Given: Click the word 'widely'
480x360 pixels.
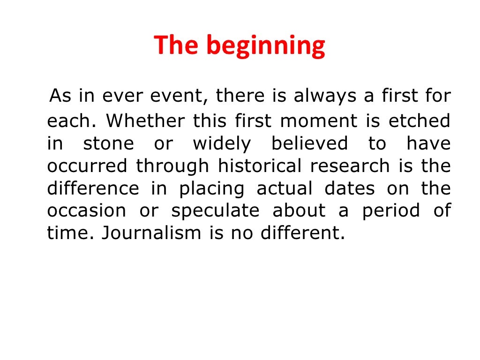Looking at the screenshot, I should pyautogui.click(x=222, y=144).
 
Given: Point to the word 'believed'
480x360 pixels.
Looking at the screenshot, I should pyautogui.click(x=309, y=144).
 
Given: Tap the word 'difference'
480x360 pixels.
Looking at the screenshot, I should pyautogui.click(x=93, y=189).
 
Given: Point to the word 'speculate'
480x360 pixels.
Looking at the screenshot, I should pyautogui.click(x=215, y=211).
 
